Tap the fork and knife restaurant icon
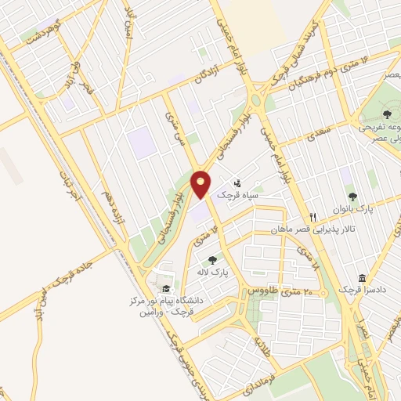312,217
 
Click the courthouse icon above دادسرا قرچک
362,278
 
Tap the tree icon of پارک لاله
212,260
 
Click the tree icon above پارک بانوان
352,197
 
